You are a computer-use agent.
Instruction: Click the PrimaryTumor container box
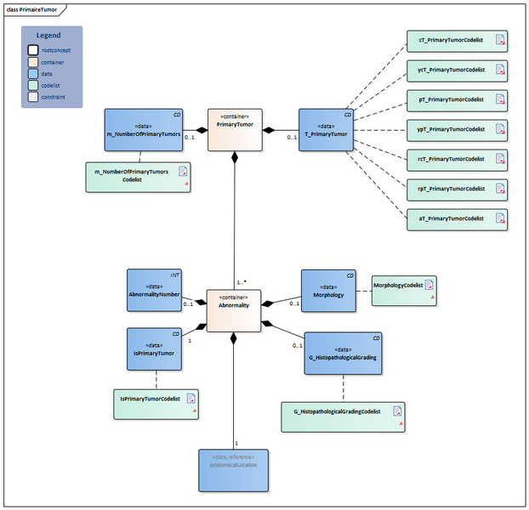(x=234, y=129)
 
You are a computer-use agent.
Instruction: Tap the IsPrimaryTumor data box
(x=154, y=348)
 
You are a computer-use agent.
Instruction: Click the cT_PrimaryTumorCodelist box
(x=458, y=41)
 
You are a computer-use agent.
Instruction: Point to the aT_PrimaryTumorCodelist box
(x=458, y=218)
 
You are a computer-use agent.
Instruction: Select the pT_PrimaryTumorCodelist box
(x=458, y=99)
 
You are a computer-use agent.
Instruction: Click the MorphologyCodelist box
(x=403, y=291)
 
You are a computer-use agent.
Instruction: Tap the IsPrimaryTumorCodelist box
(x=156, y=404)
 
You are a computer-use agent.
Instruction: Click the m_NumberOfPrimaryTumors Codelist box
(x=138, y=176)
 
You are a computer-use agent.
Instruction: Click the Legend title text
(x=48, y=35)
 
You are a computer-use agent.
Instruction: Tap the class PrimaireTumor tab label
(x=31, y=8)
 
